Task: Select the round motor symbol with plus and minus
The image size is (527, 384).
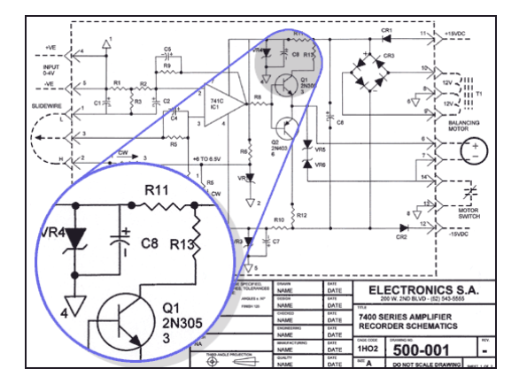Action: tap(473, 147)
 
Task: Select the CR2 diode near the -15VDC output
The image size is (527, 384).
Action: tap(400, 233)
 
